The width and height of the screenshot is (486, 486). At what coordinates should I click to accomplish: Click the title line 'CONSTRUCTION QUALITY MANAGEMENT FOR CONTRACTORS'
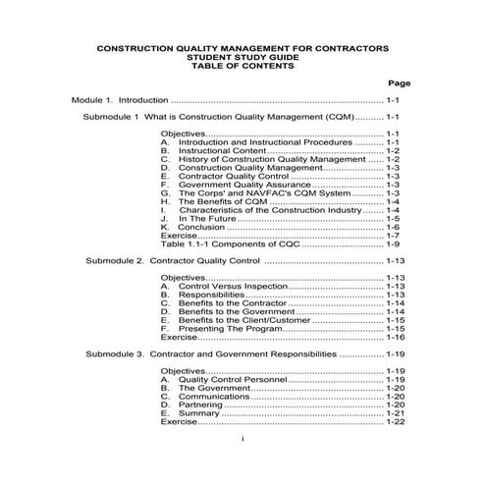[x=243, y=47]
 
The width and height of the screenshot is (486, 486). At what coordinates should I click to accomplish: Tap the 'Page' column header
[x=398, y=82]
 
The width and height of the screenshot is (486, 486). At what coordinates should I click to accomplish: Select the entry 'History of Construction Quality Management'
[x=261, y=159]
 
